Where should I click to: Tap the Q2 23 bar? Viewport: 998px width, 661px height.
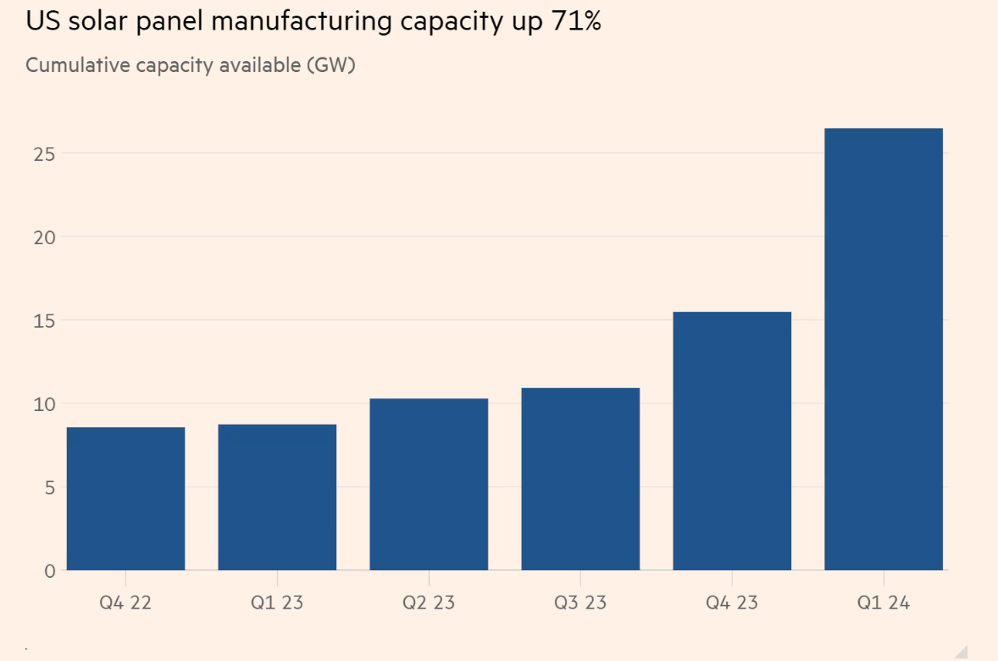click(429, 484)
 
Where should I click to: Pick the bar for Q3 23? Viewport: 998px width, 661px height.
click(580, 479)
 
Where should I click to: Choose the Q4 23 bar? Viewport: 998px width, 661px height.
click(732, 441)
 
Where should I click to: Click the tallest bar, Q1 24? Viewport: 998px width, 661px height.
click(884, 349)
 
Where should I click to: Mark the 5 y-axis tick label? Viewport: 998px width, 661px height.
click(49, 487)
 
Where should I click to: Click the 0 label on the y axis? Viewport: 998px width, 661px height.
click(49, 570)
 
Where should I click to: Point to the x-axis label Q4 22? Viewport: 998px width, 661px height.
click(125, 603)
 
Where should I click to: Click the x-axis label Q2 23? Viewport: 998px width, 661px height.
click(429, 603)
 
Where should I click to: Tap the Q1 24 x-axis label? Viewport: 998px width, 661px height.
click(884, 603)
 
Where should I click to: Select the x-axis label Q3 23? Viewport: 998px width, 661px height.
click(580, 603)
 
